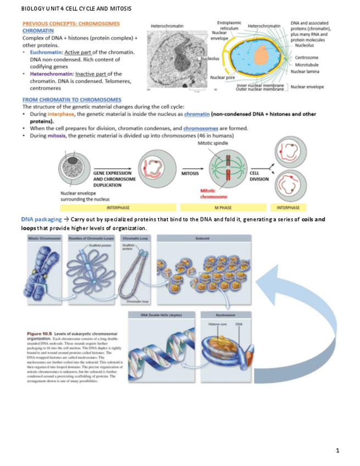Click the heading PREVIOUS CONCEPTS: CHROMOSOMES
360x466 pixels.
[71, 24]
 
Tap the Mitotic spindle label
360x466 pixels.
[211, 143]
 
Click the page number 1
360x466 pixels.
[338, 451]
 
